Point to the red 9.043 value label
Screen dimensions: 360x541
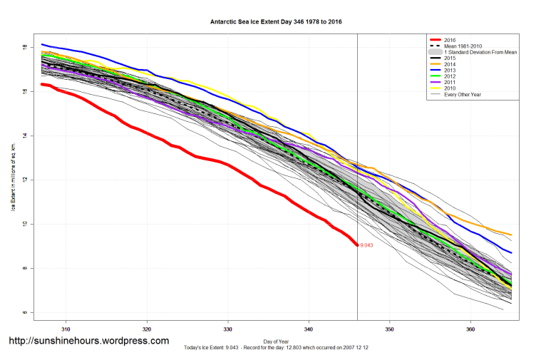366,245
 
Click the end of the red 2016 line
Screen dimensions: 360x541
357,245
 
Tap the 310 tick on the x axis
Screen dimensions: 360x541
66,330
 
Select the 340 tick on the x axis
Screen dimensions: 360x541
309,330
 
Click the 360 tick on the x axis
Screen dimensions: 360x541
470,330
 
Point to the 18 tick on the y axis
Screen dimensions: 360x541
25,47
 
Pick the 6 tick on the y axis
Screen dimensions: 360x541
25,312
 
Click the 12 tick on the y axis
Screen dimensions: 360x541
25,180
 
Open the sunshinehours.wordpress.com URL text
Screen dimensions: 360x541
88,341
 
